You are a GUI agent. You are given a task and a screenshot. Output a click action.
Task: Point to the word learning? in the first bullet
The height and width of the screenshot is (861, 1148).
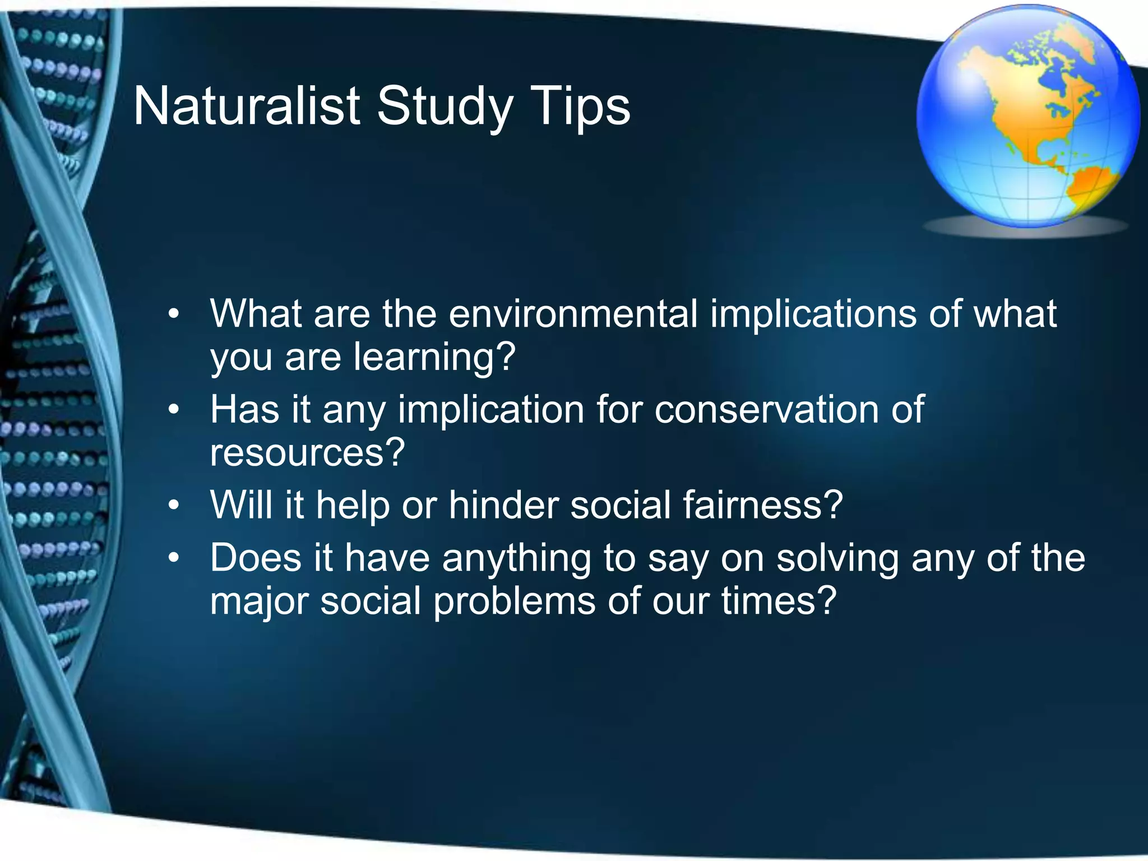coord(434,358)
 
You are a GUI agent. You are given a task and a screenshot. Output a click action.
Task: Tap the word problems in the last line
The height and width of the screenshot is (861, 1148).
coord(514,601)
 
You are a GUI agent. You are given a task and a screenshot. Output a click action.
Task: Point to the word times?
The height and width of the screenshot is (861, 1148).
coord(779,601)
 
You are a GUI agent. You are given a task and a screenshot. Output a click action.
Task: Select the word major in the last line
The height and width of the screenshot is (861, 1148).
coord(258,601)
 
